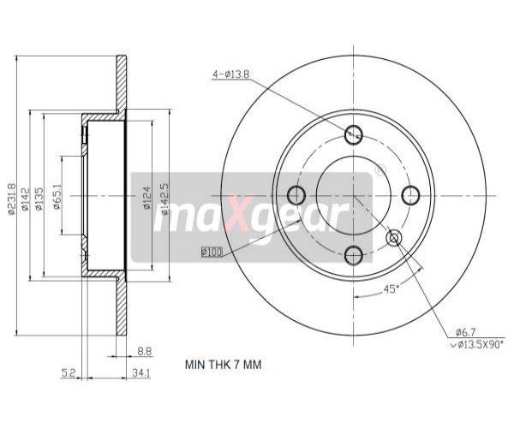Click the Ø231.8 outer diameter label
click(11, 199)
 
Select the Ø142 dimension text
click(25, 199)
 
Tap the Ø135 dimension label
click(39, 199)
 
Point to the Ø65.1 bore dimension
click(57, 197)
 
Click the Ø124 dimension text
click(146, 198)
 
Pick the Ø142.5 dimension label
click(164, 199)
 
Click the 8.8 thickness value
click(144, 351)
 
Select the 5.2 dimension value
click(69, 372)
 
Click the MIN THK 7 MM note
click(224, 365)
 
